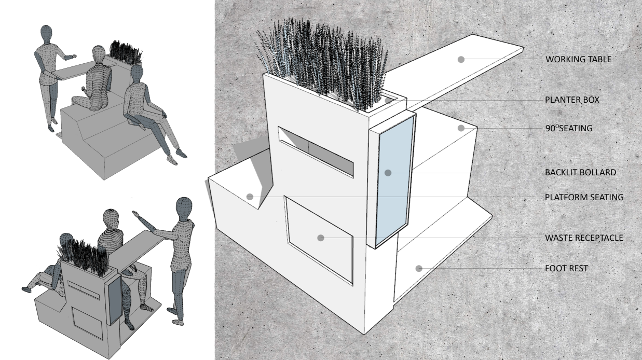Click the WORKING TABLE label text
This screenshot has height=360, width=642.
579,60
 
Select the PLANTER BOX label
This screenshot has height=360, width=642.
572,100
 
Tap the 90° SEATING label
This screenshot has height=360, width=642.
568,128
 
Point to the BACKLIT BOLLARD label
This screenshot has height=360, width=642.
580,173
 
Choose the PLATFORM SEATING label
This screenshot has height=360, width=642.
584,197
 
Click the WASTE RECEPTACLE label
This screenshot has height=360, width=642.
584,238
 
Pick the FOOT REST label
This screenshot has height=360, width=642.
566,269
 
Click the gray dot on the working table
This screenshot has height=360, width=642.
461,60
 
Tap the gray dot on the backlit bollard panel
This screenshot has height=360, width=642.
388,173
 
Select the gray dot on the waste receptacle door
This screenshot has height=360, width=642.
321,238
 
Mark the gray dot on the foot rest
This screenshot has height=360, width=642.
418,269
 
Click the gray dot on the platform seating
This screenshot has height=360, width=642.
250,197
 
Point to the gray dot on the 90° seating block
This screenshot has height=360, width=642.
460,128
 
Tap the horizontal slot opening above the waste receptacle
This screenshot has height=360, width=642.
316,153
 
